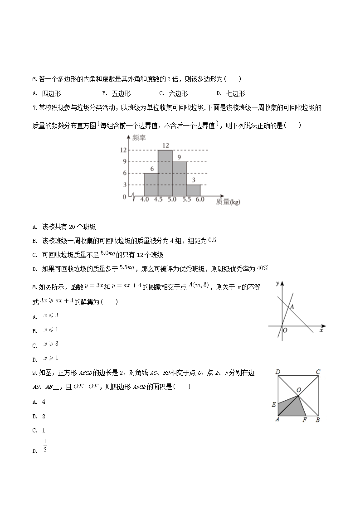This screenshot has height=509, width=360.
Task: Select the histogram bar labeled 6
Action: (151, 184)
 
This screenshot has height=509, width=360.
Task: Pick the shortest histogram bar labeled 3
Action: (194, 190)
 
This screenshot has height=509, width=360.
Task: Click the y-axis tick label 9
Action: (124, 162)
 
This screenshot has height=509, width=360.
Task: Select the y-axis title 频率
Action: (140, 137)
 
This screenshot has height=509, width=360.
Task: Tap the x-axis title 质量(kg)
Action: (228, 202)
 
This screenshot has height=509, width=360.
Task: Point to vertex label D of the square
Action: (277, 372)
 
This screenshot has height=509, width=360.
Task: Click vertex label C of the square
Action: (318, 372)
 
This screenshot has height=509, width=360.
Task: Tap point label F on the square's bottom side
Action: (305, 420)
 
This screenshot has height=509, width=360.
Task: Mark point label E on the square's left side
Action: (274, 404)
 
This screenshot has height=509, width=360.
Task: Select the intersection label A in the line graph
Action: (292, 307)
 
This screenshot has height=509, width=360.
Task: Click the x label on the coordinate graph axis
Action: (321, 331)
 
